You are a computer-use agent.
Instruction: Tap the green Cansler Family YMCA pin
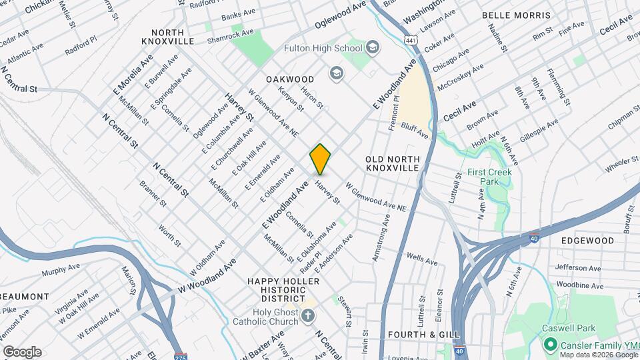pos(550,344)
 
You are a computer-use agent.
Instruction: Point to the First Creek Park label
pos(492,177)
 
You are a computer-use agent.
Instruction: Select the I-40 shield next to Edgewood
pos(534,238)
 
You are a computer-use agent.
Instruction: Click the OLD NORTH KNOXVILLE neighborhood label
pos(393,163)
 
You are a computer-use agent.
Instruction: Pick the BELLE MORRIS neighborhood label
pos(516,15)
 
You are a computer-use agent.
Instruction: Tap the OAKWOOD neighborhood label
pos(290,79)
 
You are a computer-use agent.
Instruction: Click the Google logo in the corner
pos(22,351)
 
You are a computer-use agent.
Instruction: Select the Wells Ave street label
pos(415,257)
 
